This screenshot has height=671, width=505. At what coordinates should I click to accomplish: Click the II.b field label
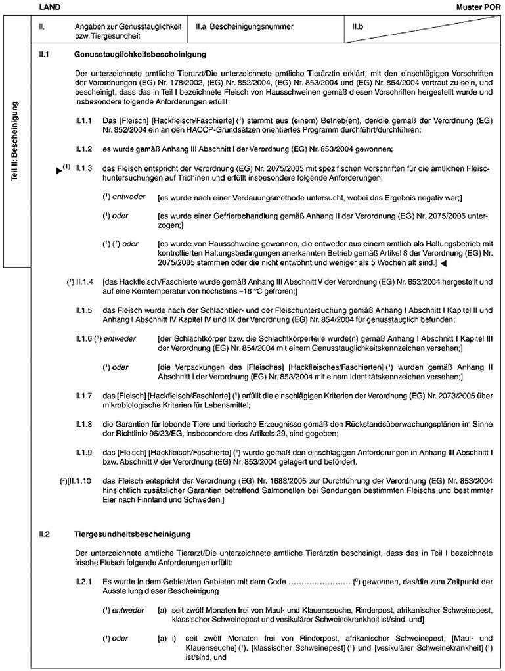[358, 27]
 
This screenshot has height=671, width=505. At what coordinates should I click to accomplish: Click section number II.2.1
[85, 581]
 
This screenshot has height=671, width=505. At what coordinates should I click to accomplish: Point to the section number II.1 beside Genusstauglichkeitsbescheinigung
[45, 53]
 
